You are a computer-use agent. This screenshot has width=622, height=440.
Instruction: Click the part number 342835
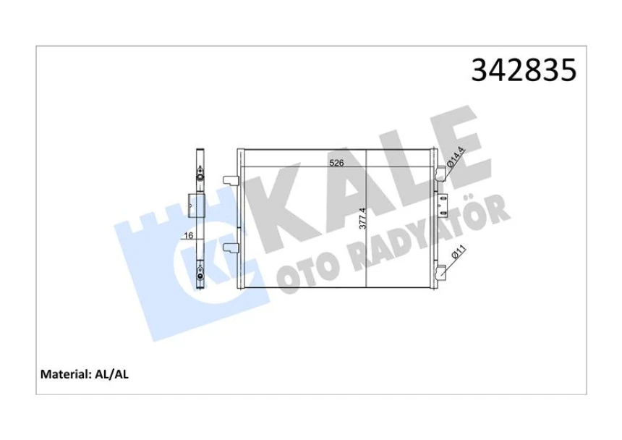click(524, 70)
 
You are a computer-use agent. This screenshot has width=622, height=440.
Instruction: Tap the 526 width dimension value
click(336, 163)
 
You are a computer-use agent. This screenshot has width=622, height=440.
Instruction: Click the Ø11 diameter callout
click(457, 258)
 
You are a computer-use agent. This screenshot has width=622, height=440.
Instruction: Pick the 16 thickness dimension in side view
click(187, 236)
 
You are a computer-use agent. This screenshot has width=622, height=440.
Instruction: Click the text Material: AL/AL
click(85, 374)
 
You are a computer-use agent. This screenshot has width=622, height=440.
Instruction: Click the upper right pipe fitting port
click(439, 174)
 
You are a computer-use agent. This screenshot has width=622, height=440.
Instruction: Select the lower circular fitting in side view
click(200, 274)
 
